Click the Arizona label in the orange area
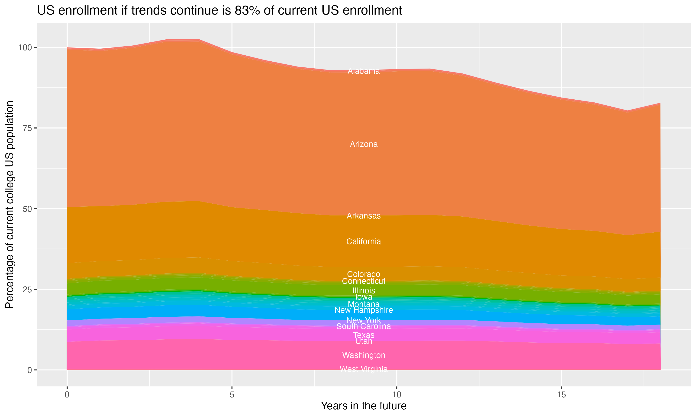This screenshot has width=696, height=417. coord(364,144)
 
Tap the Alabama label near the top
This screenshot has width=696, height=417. coord(364,71)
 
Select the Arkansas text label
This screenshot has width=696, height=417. coord(364,216)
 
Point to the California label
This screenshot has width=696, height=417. coord(364,242)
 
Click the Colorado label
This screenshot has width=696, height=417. coord(364,274)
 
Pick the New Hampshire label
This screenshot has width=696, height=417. coord(364,310)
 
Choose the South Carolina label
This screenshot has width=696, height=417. coord(364,326)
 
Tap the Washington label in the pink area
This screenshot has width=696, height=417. coord(364,355)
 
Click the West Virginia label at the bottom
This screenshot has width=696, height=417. coord(364,369)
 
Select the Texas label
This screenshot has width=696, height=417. coord(364,335)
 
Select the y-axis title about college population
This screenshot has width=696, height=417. coord(10,205)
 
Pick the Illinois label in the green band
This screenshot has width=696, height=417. coord(364,291)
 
